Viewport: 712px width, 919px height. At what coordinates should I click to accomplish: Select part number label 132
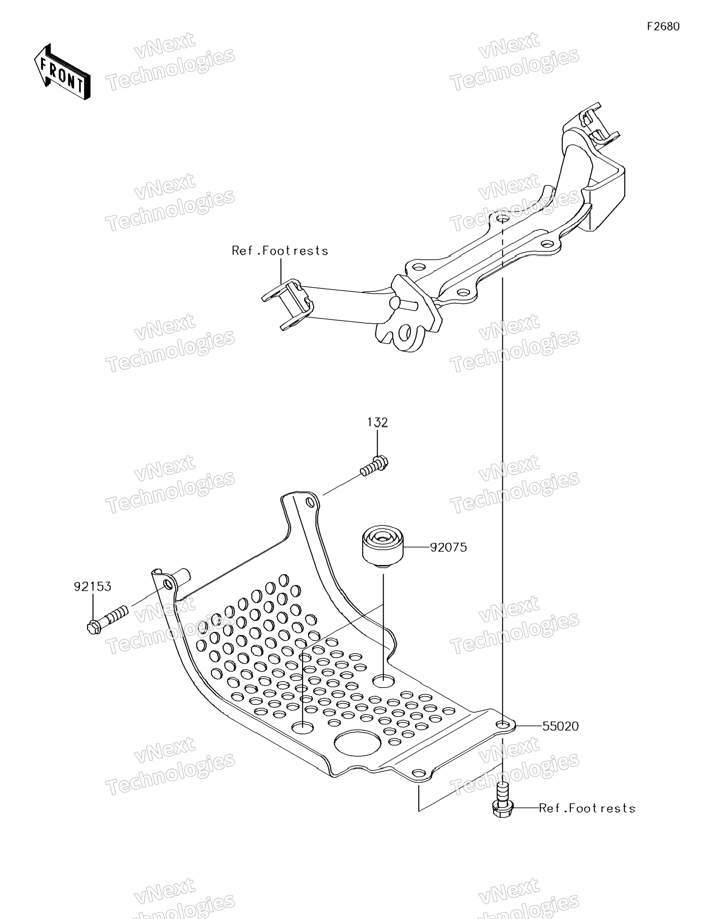[377, 422]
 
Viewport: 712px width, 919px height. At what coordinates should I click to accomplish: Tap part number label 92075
[448, 548]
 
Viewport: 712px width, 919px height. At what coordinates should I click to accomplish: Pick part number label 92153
[93, 587]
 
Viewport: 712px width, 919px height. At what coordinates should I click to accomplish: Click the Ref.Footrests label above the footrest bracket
[280, 251]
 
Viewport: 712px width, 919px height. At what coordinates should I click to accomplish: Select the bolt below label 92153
[107, 619]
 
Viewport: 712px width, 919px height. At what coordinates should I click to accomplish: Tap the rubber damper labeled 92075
[383, 545]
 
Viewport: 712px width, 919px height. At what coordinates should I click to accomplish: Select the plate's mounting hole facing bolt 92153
[168, 585]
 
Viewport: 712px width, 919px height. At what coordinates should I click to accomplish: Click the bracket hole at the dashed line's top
[502, 219]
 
